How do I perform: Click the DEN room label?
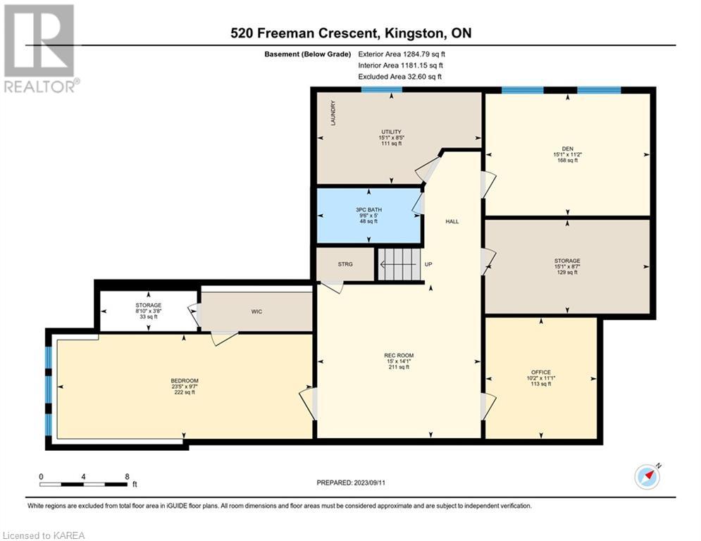click(567, 149)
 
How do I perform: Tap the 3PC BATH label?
click(369, 210)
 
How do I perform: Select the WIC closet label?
click(256, 311)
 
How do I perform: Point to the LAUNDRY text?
click(333, 113)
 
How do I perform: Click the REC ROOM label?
click(399, 356)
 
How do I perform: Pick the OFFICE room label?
click(541, 373)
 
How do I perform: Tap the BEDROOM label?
click(185, 381)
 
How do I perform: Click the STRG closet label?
click(345, 264)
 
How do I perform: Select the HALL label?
click(452, 221)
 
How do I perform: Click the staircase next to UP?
click(399, 264)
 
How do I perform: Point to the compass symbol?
click(647, 477)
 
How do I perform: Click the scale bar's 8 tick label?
click(127, 477)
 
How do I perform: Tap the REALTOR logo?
click(40, 49)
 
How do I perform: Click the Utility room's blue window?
click(381, 89)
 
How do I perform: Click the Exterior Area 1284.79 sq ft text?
click(402, 54)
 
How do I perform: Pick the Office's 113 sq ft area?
click(541, 384)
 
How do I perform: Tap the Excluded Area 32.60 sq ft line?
click(399, 77)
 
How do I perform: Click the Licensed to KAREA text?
click(44, 535)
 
